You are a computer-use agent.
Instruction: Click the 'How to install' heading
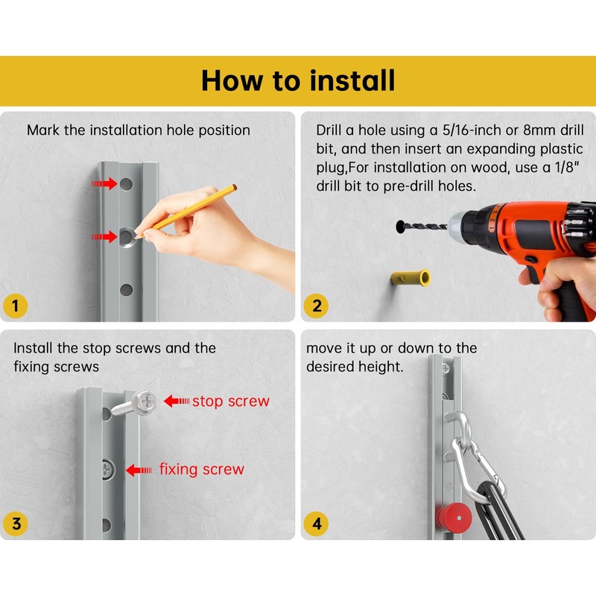coord(298,80)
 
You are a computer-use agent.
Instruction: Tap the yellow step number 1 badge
coord(15,306)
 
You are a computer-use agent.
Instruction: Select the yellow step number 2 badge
coord(316,306)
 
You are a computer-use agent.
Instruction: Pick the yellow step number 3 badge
coord(15,524)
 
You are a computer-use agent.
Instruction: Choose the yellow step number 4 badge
coord(316,524)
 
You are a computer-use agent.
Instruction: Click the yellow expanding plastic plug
coord(410,279)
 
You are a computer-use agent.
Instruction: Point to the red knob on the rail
coord(454,517)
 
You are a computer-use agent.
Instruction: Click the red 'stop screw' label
coord(231,401)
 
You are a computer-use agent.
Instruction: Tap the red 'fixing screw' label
coord(201,469)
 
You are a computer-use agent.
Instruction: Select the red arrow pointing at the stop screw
coord(177,401)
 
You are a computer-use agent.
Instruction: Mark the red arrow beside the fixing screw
coord(139,470)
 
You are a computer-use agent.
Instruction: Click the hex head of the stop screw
coord(145,402)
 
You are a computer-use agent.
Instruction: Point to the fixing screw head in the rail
coord(107,471)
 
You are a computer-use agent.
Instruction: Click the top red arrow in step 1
coord(104,184)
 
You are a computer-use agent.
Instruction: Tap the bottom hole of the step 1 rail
coord(126,290)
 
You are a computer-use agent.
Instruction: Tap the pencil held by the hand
coord(186,212)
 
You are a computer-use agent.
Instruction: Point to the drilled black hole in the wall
coord(401,226)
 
